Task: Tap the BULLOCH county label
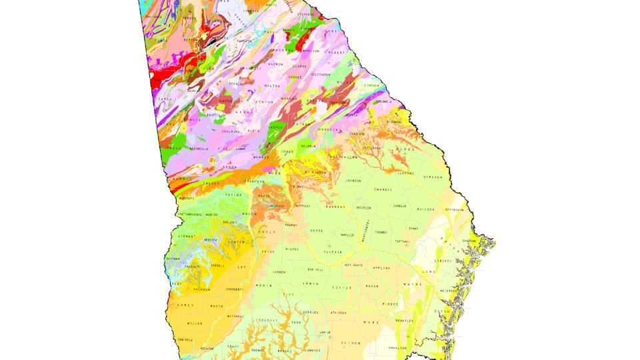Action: tap(425, 209)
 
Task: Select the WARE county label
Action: tap(371, 323)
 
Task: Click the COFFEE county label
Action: tap(341, 287)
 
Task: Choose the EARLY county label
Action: tap(185, 305)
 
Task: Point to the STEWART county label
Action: tap(187, 236)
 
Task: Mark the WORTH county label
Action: tap(264, 285)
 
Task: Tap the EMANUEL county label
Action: tap(383, 189)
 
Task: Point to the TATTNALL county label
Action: tap(405, 241)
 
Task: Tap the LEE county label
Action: tap(242, 266)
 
